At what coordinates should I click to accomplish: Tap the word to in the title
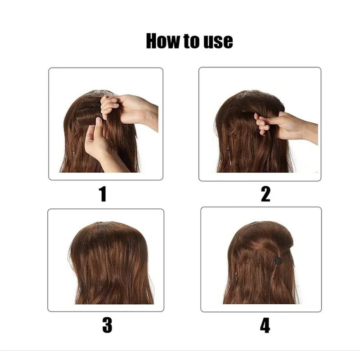[x=191, y=41]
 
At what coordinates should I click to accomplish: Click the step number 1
[x=103, y=194]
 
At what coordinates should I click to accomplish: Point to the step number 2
[x=265, y=194]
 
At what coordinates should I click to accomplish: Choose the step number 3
[x=107, y=325]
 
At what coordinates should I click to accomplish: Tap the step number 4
[x=265, y=325]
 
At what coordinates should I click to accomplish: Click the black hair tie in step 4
[x=278, y=261]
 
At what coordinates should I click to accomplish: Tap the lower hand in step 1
[x=101, y=144]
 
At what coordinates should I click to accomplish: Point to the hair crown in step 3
[x=108, y=232]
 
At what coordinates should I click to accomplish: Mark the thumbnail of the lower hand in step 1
[x=99, y=120]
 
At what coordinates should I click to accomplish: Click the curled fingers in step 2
[x=262, y=124]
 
